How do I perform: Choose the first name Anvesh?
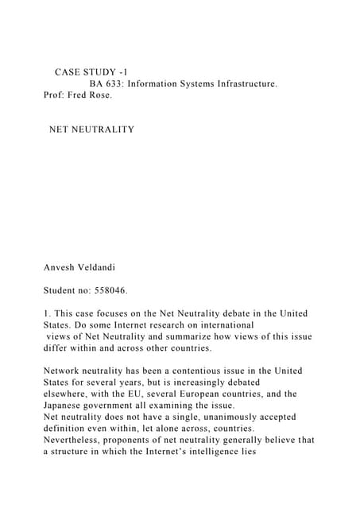pos(61,268)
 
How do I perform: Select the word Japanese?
pos(65,405)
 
